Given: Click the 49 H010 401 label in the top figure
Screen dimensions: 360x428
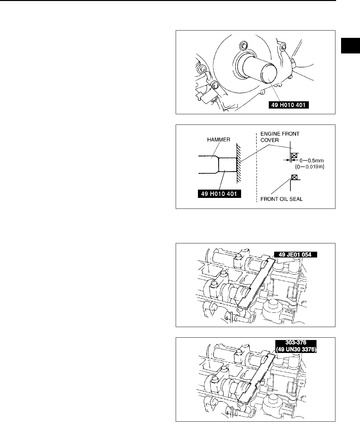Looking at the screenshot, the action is (289, 106).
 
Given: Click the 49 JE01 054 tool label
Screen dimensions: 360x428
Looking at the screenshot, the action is (296, 255).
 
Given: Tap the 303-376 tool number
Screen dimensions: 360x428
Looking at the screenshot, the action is (296, 342).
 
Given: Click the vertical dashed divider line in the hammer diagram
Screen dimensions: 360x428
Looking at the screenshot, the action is (256, 166).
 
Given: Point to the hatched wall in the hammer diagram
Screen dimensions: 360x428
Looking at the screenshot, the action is (239, 163).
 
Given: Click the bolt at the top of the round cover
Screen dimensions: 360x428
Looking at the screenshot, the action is (244, 45).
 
